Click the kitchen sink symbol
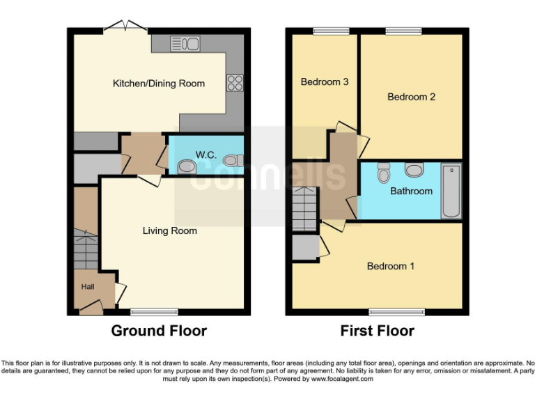(x=185, y=44)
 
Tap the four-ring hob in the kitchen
(x=234, y=83)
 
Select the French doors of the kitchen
(x=125, y=27)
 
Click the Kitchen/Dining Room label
(x=159, y=84)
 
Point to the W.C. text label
(x=205, y=154)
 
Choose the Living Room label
(x=170, y=230)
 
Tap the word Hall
(x=87, y=286)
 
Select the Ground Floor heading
(x=159, y=331)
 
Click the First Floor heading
(x=377, y=331)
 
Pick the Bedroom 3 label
(x=325, y=82)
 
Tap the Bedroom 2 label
(x=411, y=97)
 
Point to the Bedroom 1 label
(x=391, y=266)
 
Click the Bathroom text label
(x=411, y=191)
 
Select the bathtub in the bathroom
(x=451, y=191)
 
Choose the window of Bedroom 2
(x=403, y=31)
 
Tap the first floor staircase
(x=304, y=209)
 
